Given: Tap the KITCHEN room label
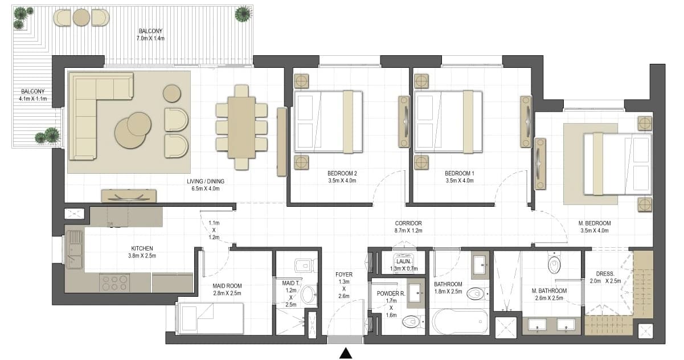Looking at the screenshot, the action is (x=142, y=248).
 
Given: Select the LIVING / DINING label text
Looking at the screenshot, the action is (x=206, y=181).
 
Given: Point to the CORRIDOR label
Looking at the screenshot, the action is (x=408, y=223).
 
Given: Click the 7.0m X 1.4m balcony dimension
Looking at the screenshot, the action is (x=150, y=39).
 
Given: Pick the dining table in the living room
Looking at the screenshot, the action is (x=241, y=128).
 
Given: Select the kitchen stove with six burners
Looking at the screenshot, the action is (x=114, y=283).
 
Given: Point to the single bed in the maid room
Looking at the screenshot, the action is (x=210, y=318).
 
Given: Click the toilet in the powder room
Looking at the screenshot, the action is (x=413, y=321).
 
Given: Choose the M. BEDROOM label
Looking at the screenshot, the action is (x=594, y=223).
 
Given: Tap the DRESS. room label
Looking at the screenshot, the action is (x=605, y=274).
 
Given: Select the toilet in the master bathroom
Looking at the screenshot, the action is (x=554, y=263).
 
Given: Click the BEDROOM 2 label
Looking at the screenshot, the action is (x=342, y=173).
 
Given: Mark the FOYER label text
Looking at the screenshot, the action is (x=344, y=275).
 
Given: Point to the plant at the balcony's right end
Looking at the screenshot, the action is (x=243, y=14).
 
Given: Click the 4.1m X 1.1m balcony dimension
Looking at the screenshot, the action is (x=32, y=99).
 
